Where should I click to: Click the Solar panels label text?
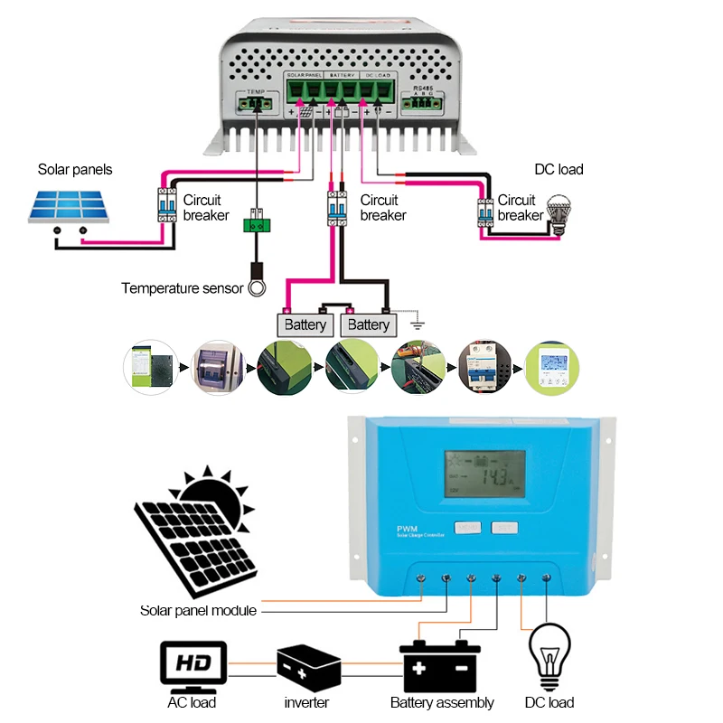tap(75, 169)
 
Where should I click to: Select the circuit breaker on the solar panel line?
tap(166, 206)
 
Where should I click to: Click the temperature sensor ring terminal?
tap(258, 287)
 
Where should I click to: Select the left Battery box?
tap(305, 324)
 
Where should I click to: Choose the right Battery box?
tap(369, 324)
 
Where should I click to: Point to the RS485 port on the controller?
tap(423, 102)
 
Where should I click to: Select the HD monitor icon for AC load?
tap(193, 665)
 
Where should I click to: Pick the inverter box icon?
tap(307, 667)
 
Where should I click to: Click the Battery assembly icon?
tap(441, 666)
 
